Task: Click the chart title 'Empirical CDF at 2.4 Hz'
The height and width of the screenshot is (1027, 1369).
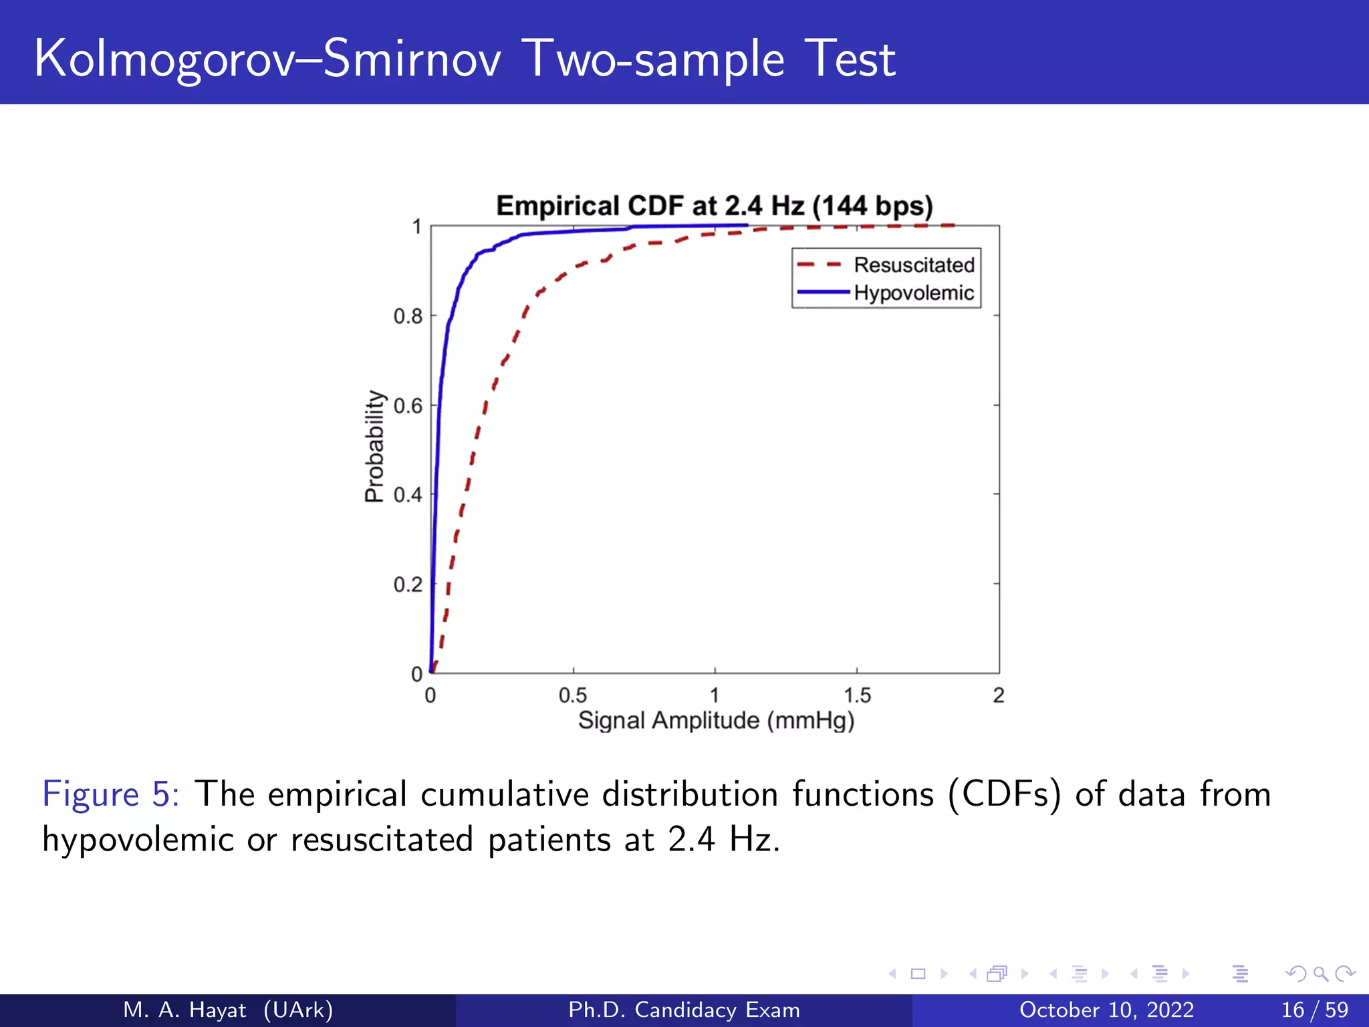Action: pyautogui.click(x=714, y=206)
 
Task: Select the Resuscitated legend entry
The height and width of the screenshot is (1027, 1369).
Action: pyautogui.click(x=913, y=265)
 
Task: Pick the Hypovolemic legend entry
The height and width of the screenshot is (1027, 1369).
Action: pyautogui.click(x=913, y=293)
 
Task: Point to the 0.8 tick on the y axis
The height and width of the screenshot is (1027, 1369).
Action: pyautogui.click(x=408, y=316)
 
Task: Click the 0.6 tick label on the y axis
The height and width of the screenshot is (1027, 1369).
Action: pyautogui.click(x=408, y=406)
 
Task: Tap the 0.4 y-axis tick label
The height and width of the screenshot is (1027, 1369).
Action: pyautogui.click(x=408, y=495)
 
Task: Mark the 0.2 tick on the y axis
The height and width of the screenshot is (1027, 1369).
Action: pyautogui.click(x=408, y=585)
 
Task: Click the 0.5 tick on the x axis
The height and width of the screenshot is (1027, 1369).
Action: pyautogui.click(x=573, y=696)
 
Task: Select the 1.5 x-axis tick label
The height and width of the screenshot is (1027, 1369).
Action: pyautogui.click(x=857, y=696)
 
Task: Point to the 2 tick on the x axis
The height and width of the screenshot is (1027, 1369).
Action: pyautogui.click(x=999, y=696)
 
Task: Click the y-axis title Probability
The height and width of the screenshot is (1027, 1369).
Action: pyautogui.click(x=375, y=446)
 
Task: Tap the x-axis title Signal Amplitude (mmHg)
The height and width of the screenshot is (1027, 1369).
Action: pyautogui.click(x=716, y=721)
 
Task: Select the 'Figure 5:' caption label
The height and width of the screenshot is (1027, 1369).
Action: pyautogui.click(x=110, y=794)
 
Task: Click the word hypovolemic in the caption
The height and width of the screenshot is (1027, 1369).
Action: pyautogui.click(x=137, y=840)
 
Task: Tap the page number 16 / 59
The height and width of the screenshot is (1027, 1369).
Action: pyautogui.click(x=1314, y=1010)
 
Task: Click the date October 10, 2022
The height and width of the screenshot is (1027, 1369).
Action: pyautogui.click(x=1106, y=1010)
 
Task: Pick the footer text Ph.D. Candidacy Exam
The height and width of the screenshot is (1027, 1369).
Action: pyautogui.click(x=684, y=1010)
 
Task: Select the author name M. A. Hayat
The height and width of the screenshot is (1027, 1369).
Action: pyautogui.click(x=184, y=1010)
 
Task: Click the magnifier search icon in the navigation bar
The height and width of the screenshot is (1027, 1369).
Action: pyautogui.click(x=1320, y=974)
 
